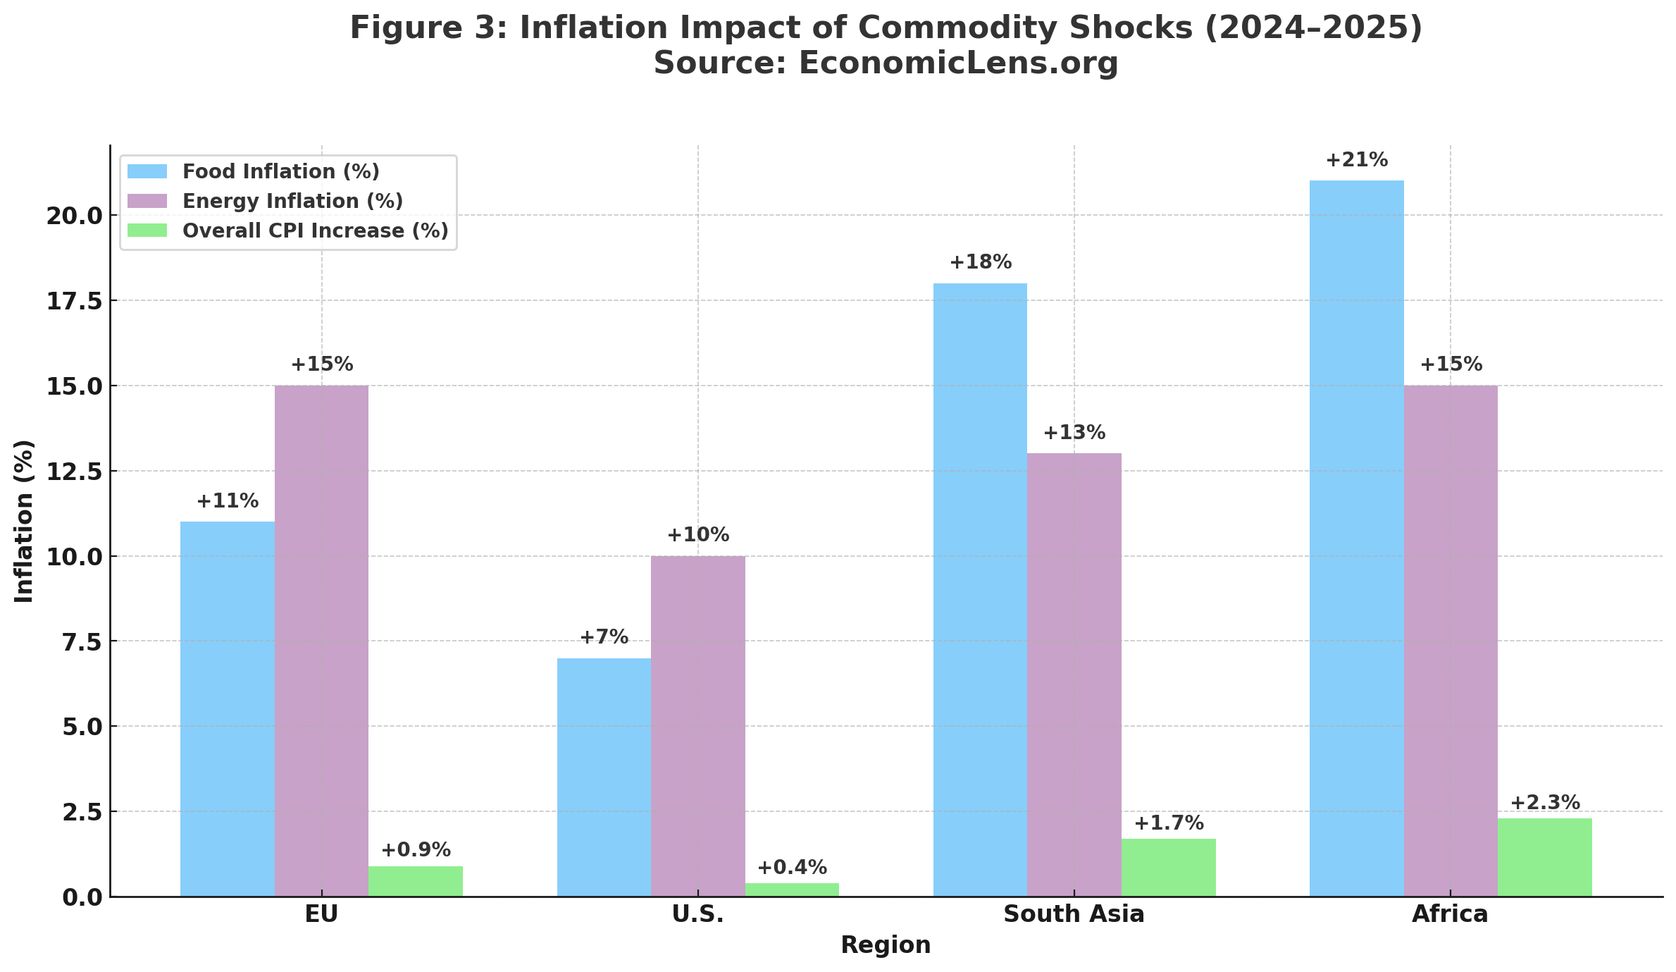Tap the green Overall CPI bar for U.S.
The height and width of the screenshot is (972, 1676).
[x=792, y=890]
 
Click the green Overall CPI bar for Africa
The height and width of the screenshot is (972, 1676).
[x=1544, y=857]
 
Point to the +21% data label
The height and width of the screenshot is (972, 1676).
[x=1356, y=161]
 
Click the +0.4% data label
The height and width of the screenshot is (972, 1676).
[x=792, y=868]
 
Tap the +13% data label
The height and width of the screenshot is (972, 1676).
[x=1074, y=433]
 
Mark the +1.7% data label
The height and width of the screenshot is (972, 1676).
[x=1169, y=823]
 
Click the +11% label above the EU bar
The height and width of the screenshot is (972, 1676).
[x=227, y=501]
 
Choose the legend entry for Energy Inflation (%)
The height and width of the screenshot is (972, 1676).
[x=292, y=202]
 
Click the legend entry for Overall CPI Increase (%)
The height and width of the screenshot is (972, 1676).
[x=315, y=231]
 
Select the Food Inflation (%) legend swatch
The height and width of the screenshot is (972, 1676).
[x=147, y=172]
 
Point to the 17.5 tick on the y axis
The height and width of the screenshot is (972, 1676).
[x=73, y=301]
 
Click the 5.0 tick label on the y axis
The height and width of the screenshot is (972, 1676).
[x=82, y=727]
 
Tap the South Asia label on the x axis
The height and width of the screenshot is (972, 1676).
[x=1074, y=914]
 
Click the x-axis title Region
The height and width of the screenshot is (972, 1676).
[x=886, y=945]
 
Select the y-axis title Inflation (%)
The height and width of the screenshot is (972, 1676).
[x=25, y=521]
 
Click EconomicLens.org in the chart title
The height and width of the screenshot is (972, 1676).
[x=958, y=63]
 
